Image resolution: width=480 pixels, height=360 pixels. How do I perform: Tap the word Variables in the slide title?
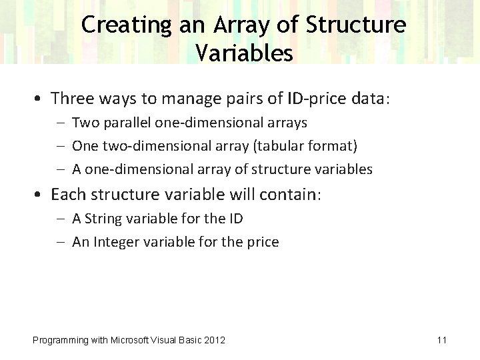(x=244, y=53)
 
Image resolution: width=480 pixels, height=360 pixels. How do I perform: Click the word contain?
(x=291, y=195)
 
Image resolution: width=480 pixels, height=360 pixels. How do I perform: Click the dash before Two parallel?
(x=61, y=123)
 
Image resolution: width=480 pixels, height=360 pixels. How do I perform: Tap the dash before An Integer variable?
(x=61, y=242)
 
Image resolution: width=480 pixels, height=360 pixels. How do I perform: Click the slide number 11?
(x=441, y=340)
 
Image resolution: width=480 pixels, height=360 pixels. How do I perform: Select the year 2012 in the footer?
(x=215, y=341)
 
